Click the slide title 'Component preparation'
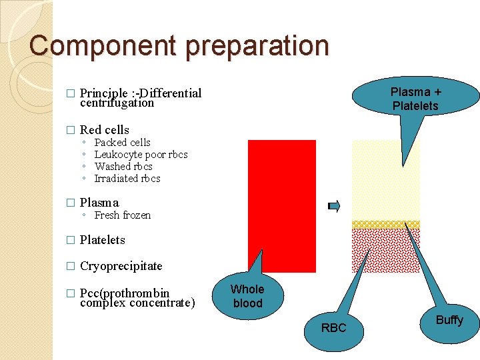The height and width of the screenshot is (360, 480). (179, 45)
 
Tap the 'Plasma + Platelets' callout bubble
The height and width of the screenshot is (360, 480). (415, 99)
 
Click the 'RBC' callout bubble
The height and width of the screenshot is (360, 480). (333, 327)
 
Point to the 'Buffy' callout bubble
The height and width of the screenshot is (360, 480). (449, 321)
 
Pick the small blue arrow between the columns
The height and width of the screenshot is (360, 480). (334, 206)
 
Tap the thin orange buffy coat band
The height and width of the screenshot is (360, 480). (386, 225)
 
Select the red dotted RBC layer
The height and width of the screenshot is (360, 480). (386, 250)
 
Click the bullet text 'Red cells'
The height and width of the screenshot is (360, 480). (104, 130)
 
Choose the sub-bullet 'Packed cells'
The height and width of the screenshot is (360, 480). (122, 143)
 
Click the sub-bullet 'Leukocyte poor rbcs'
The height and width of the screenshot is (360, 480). (141, 155)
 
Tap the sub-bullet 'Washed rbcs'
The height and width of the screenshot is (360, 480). (123, 167)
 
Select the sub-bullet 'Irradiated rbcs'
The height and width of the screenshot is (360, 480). (127, 179)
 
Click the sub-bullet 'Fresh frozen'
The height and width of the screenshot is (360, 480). (123, 215)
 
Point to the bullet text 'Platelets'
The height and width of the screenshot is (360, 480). (102, 240)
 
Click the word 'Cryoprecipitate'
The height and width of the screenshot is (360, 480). (121, 266)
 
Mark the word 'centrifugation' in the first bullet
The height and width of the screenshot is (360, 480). (117, 103)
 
